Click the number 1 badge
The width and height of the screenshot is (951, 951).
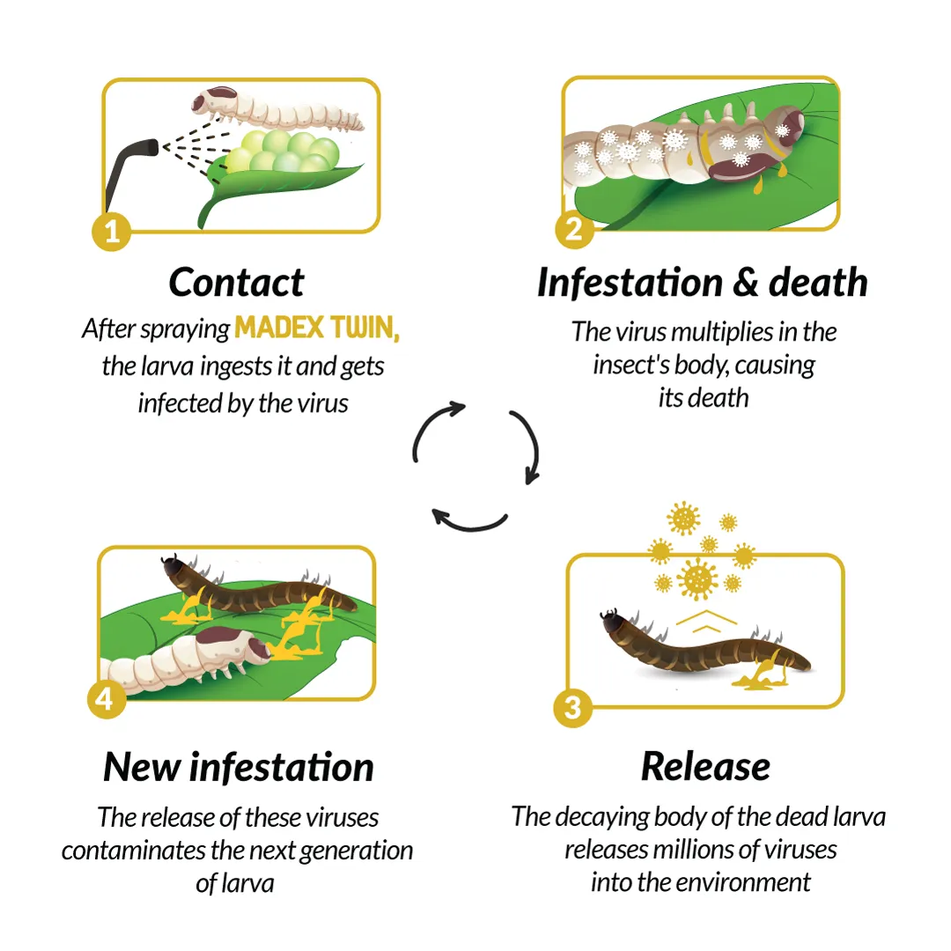click(x=112, y=231)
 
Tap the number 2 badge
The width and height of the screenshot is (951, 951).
click(x=574, y=229)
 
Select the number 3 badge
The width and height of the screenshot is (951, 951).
click(x=573, y=708)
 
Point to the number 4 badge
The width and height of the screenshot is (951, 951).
click(x=107, y=699)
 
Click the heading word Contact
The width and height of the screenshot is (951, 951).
click(x=237, y=283)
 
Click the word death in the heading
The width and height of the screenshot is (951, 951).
click(x=818, y=283)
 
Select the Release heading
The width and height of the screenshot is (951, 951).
click(x=705, y=767)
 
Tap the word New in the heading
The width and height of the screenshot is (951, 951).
click(x=142, y=767)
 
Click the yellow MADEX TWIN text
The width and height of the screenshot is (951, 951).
click(x=317, y=328)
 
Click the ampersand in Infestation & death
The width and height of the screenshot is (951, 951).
click(x=746, y=284)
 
